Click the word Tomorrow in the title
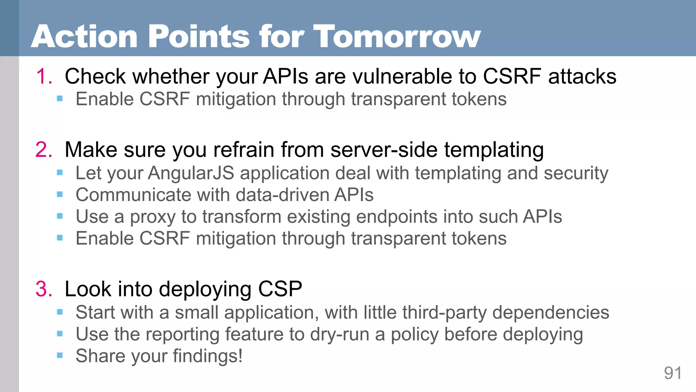tap(397, 36)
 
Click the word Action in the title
tap(84, 36)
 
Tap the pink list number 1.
tap(43, 76)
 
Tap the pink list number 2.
tap(43, 149)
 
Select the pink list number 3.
tap(43, 289)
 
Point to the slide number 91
tap(673, 373)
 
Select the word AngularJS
tap(191, 173)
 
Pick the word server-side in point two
tap(384, 149)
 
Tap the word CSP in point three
tap(280, 289)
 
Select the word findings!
tap(208, 356)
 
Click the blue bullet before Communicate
tap(60, 195)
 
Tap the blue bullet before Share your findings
tap(60, 356)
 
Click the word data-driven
tap(282, 195)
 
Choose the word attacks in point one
tap(582, 76)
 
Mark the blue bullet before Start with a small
tap(60, 312)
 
